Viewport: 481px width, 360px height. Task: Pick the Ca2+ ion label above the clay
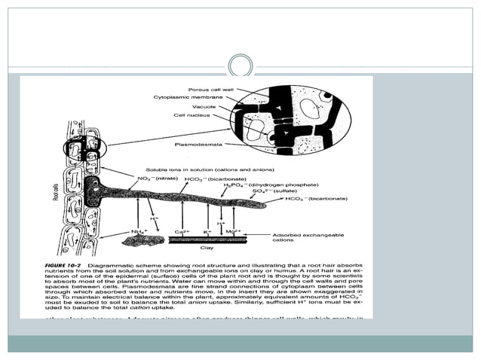tap(181, 231)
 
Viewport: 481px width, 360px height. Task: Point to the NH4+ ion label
tap(138, 231)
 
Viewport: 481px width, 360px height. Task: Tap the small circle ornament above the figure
tap(240, 63)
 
